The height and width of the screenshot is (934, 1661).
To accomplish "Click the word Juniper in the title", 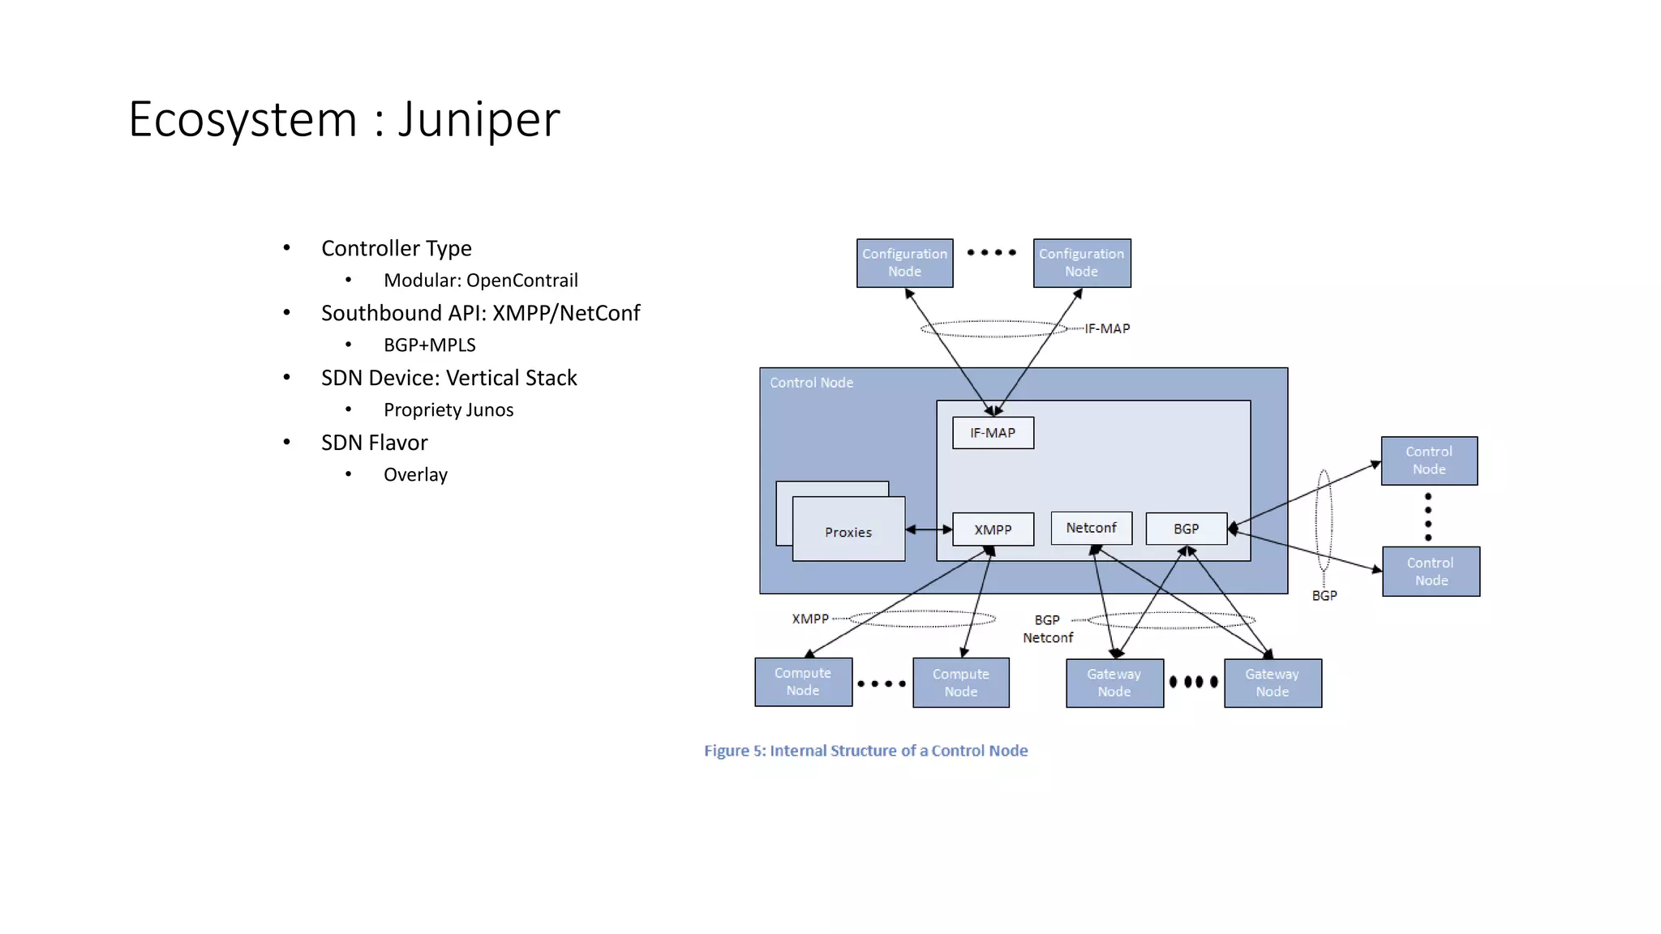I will pos(479,120).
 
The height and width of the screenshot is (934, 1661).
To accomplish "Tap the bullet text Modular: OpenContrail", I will pos(480,281).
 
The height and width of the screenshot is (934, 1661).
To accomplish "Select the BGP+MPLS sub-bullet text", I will pos(429,345).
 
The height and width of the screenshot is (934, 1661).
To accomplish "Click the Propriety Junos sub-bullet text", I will pos(448,410).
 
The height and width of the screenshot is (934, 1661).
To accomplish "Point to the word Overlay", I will pos(415,475).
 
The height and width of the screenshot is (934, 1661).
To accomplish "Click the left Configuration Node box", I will pos(904,263).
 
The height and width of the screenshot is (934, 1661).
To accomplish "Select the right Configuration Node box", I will pos(1081,263).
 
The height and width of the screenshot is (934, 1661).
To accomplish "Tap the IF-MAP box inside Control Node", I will pos(993,433).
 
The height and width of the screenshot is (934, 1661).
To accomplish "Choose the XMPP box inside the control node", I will pos(993,529).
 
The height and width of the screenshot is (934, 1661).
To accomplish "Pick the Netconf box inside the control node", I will pos(1091,528).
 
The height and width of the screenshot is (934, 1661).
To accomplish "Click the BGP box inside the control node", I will pos(1186,529).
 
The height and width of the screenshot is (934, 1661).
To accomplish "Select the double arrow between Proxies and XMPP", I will pos(929,529).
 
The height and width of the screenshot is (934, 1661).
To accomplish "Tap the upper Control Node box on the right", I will pos(1429,461).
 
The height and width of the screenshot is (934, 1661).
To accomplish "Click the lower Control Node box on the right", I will pos(1431,572).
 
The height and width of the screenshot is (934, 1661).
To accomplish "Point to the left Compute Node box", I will pos(803,682).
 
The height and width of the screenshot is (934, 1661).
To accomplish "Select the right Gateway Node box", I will pos(1272,683).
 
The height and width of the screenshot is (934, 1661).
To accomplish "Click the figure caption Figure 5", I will pos(865,751).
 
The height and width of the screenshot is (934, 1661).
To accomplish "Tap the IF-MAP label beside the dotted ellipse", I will pos(1107,328).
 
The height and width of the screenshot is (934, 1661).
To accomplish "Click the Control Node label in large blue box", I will pos(811,383).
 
